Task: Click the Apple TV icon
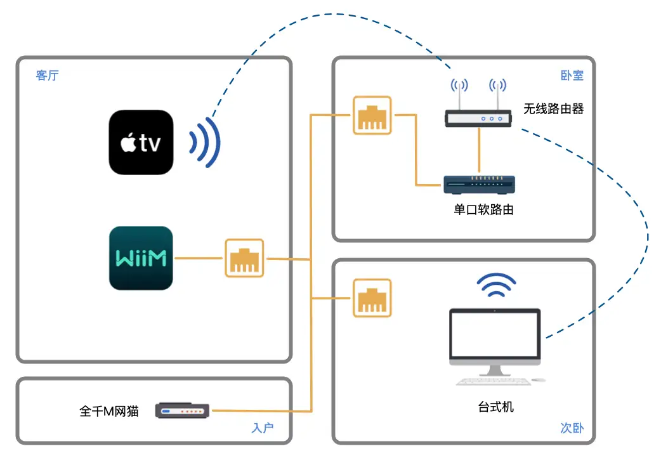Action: point(141,142)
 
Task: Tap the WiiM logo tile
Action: point(141,258)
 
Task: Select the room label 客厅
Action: point(48,76)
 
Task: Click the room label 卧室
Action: point(572,75)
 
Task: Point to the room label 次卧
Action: point(572,428)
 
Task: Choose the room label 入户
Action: point(262,428)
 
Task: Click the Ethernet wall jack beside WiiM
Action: point(244,258)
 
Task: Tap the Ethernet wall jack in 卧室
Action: point(372,115)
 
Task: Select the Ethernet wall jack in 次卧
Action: point(372,298)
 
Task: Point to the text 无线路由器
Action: point(553,109)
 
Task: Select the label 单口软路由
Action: point(483,209)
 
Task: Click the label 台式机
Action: point(495,407)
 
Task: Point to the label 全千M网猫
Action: point(109,412)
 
